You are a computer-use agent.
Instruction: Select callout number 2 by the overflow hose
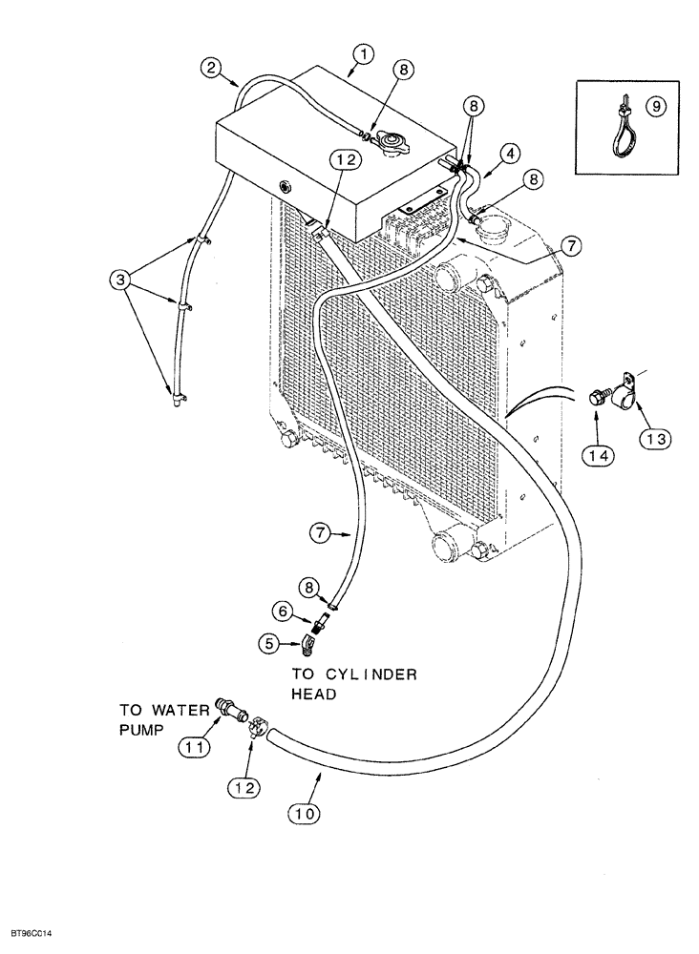[212, 68]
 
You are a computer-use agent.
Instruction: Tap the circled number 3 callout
[119, 280]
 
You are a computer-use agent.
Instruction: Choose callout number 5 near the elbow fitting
[270, 644]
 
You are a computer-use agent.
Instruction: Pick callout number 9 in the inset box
[653, 108]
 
